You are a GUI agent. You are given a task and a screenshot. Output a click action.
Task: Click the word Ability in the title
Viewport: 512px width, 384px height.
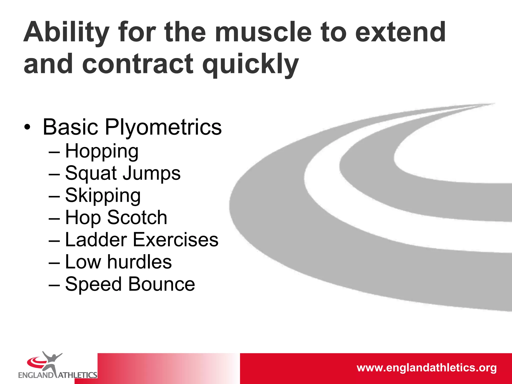coord(66,32)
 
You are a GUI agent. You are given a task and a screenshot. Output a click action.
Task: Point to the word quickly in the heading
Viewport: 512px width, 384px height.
coord(250,64)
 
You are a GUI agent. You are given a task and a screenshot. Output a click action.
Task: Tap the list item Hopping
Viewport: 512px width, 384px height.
coord(102,151)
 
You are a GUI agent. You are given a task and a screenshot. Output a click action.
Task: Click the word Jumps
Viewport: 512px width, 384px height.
coord(152,173)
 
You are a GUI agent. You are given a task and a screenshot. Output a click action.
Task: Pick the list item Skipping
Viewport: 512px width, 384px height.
coord(103,196)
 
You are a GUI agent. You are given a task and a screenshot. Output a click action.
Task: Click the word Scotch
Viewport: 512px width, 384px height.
coord(137,217)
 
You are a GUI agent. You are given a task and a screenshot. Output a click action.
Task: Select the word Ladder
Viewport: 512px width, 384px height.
coord(96,240)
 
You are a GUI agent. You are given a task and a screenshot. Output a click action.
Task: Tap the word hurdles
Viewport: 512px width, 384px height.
coord(139,262)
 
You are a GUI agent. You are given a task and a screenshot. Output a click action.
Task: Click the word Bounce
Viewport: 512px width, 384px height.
coord(161,284)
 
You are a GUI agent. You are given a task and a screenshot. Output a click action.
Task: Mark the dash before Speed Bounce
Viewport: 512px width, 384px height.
coord(54,285)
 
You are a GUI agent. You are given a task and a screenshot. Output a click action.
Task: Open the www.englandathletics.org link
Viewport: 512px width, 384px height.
coord(426,368)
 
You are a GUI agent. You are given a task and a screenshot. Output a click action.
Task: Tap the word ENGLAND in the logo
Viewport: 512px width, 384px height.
coord(36,375)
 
